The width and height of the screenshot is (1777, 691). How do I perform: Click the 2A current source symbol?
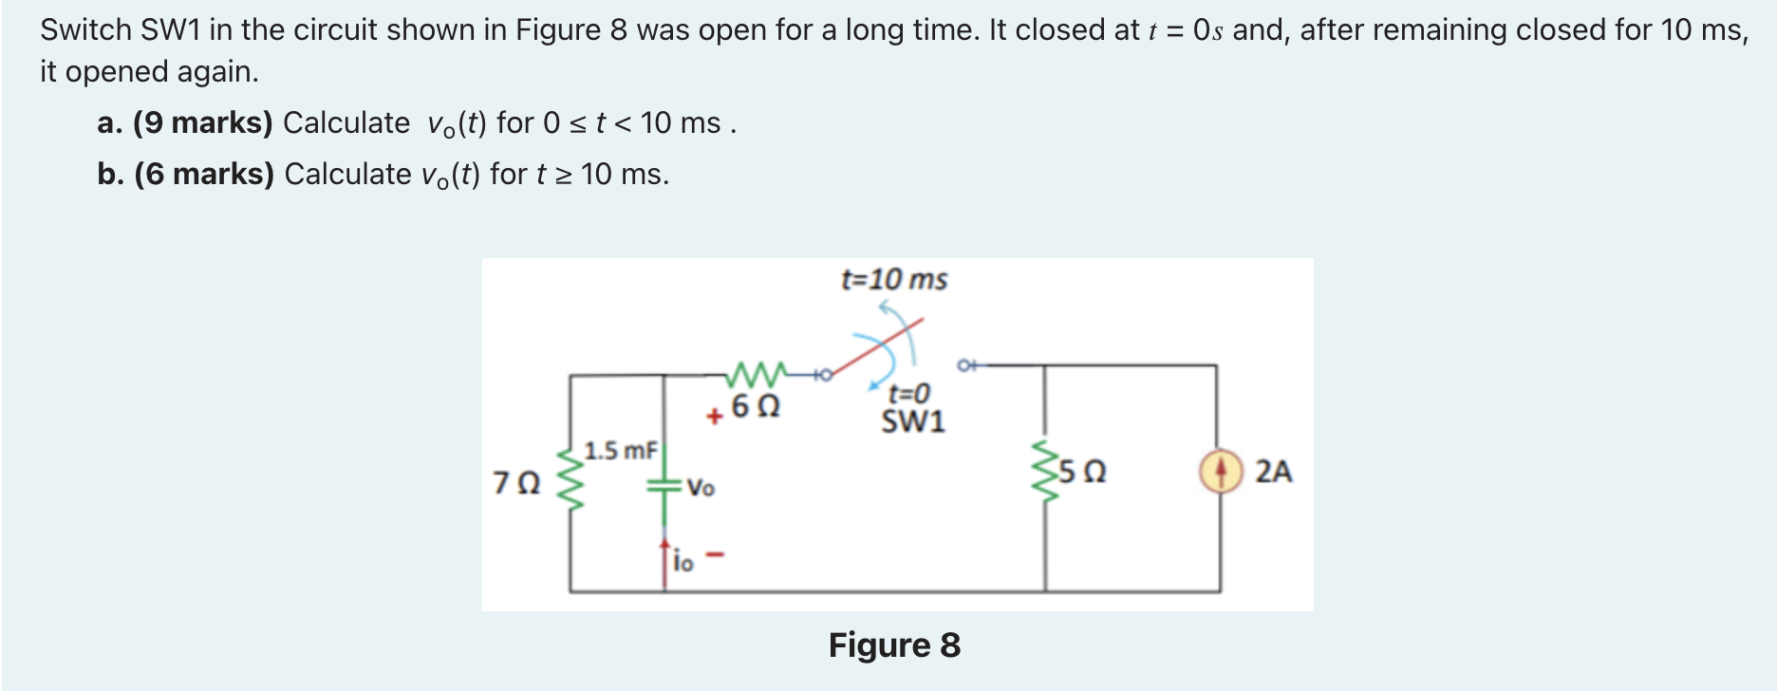coord(1221,472)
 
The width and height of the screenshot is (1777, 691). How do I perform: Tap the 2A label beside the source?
coord(1274,472)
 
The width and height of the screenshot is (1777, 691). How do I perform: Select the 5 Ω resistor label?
coord(1082,472)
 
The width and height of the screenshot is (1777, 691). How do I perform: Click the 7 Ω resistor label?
coord(516,483)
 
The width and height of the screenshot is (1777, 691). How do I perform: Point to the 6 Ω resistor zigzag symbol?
coord(757,373)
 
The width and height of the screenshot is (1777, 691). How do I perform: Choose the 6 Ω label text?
coord(756,407)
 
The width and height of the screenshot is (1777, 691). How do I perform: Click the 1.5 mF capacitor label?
coord(621,451)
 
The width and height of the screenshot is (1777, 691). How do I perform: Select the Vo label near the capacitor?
coord(701,488)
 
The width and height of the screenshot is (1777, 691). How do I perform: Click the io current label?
coord(683,562)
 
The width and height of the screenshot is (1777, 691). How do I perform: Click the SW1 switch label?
coord(912,421)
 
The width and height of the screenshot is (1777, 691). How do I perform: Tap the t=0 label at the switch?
coord(908,393)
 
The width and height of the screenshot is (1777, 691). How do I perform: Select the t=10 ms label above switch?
coord(894,279)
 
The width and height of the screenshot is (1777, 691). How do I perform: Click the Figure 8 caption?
coord(894,645)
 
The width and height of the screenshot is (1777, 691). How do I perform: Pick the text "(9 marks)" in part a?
coord(202,122)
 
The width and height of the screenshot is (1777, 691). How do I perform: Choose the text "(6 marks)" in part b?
coord(204,174)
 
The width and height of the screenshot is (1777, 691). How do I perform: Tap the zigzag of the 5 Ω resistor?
coord(1046,472)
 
